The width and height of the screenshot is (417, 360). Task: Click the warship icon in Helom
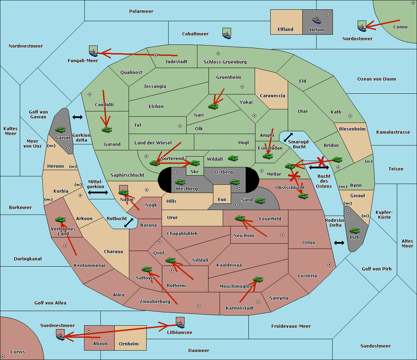tap(317, 20)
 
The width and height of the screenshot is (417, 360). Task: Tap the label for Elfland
tap(285, 30)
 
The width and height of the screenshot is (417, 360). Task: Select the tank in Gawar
tap(60, 129)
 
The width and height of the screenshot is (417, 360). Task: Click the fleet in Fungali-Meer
tap(93, 51)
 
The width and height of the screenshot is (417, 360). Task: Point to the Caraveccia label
tap(272, 95)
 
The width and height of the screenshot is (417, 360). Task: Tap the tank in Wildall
tap(233, 158)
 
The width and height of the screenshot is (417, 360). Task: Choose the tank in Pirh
tap(354, 231)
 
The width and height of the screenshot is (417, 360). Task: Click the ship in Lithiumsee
tap(180, 323)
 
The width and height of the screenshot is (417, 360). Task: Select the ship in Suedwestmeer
tap(60, 335)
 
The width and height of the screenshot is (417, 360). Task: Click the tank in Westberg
tap(180, 182)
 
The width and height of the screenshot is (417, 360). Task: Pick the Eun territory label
tap(222, 199)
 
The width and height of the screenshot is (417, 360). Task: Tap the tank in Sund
tap(260, 201)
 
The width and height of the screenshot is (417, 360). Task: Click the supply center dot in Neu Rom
tap(283, 235)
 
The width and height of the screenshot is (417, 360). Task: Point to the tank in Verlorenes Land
tap(60, 219)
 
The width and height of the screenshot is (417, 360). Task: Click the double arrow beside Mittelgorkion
tap(98, 192)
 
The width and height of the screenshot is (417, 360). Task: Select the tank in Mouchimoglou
tap(258, 279)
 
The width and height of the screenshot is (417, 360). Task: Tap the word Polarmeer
tap(141, 11)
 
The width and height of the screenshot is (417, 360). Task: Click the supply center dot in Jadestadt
tap(156, 55)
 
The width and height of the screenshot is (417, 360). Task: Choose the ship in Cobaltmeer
tap(227, 33)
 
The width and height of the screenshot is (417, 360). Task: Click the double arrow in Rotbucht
tap(129, 223)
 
